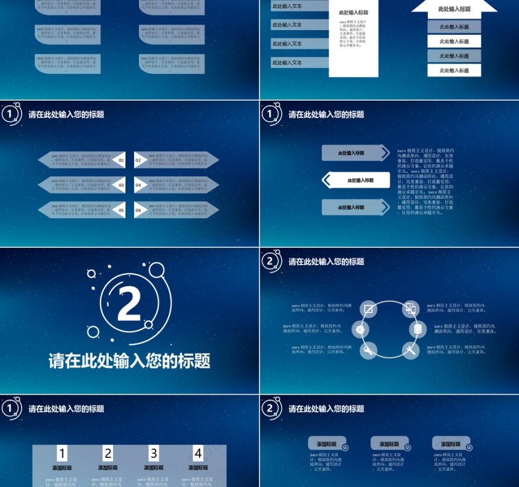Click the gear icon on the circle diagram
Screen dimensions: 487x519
click(360, 329)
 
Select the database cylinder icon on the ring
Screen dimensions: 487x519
click(418, 329)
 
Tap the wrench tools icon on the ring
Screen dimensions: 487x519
click(411, 350)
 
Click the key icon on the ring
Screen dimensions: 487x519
click(368, 350)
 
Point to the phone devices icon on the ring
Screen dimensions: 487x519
click(410, 308)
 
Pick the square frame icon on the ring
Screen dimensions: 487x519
click(368, 308)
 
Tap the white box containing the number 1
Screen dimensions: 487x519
click(62, 453)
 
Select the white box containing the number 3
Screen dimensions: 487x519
click(154, 453)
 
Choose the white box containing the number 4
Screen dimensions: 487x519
click(198, 453)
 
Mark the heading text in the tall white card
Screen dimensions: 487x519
click(353, 12)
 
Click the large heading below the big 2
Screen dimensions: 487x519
click(130, 361)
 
